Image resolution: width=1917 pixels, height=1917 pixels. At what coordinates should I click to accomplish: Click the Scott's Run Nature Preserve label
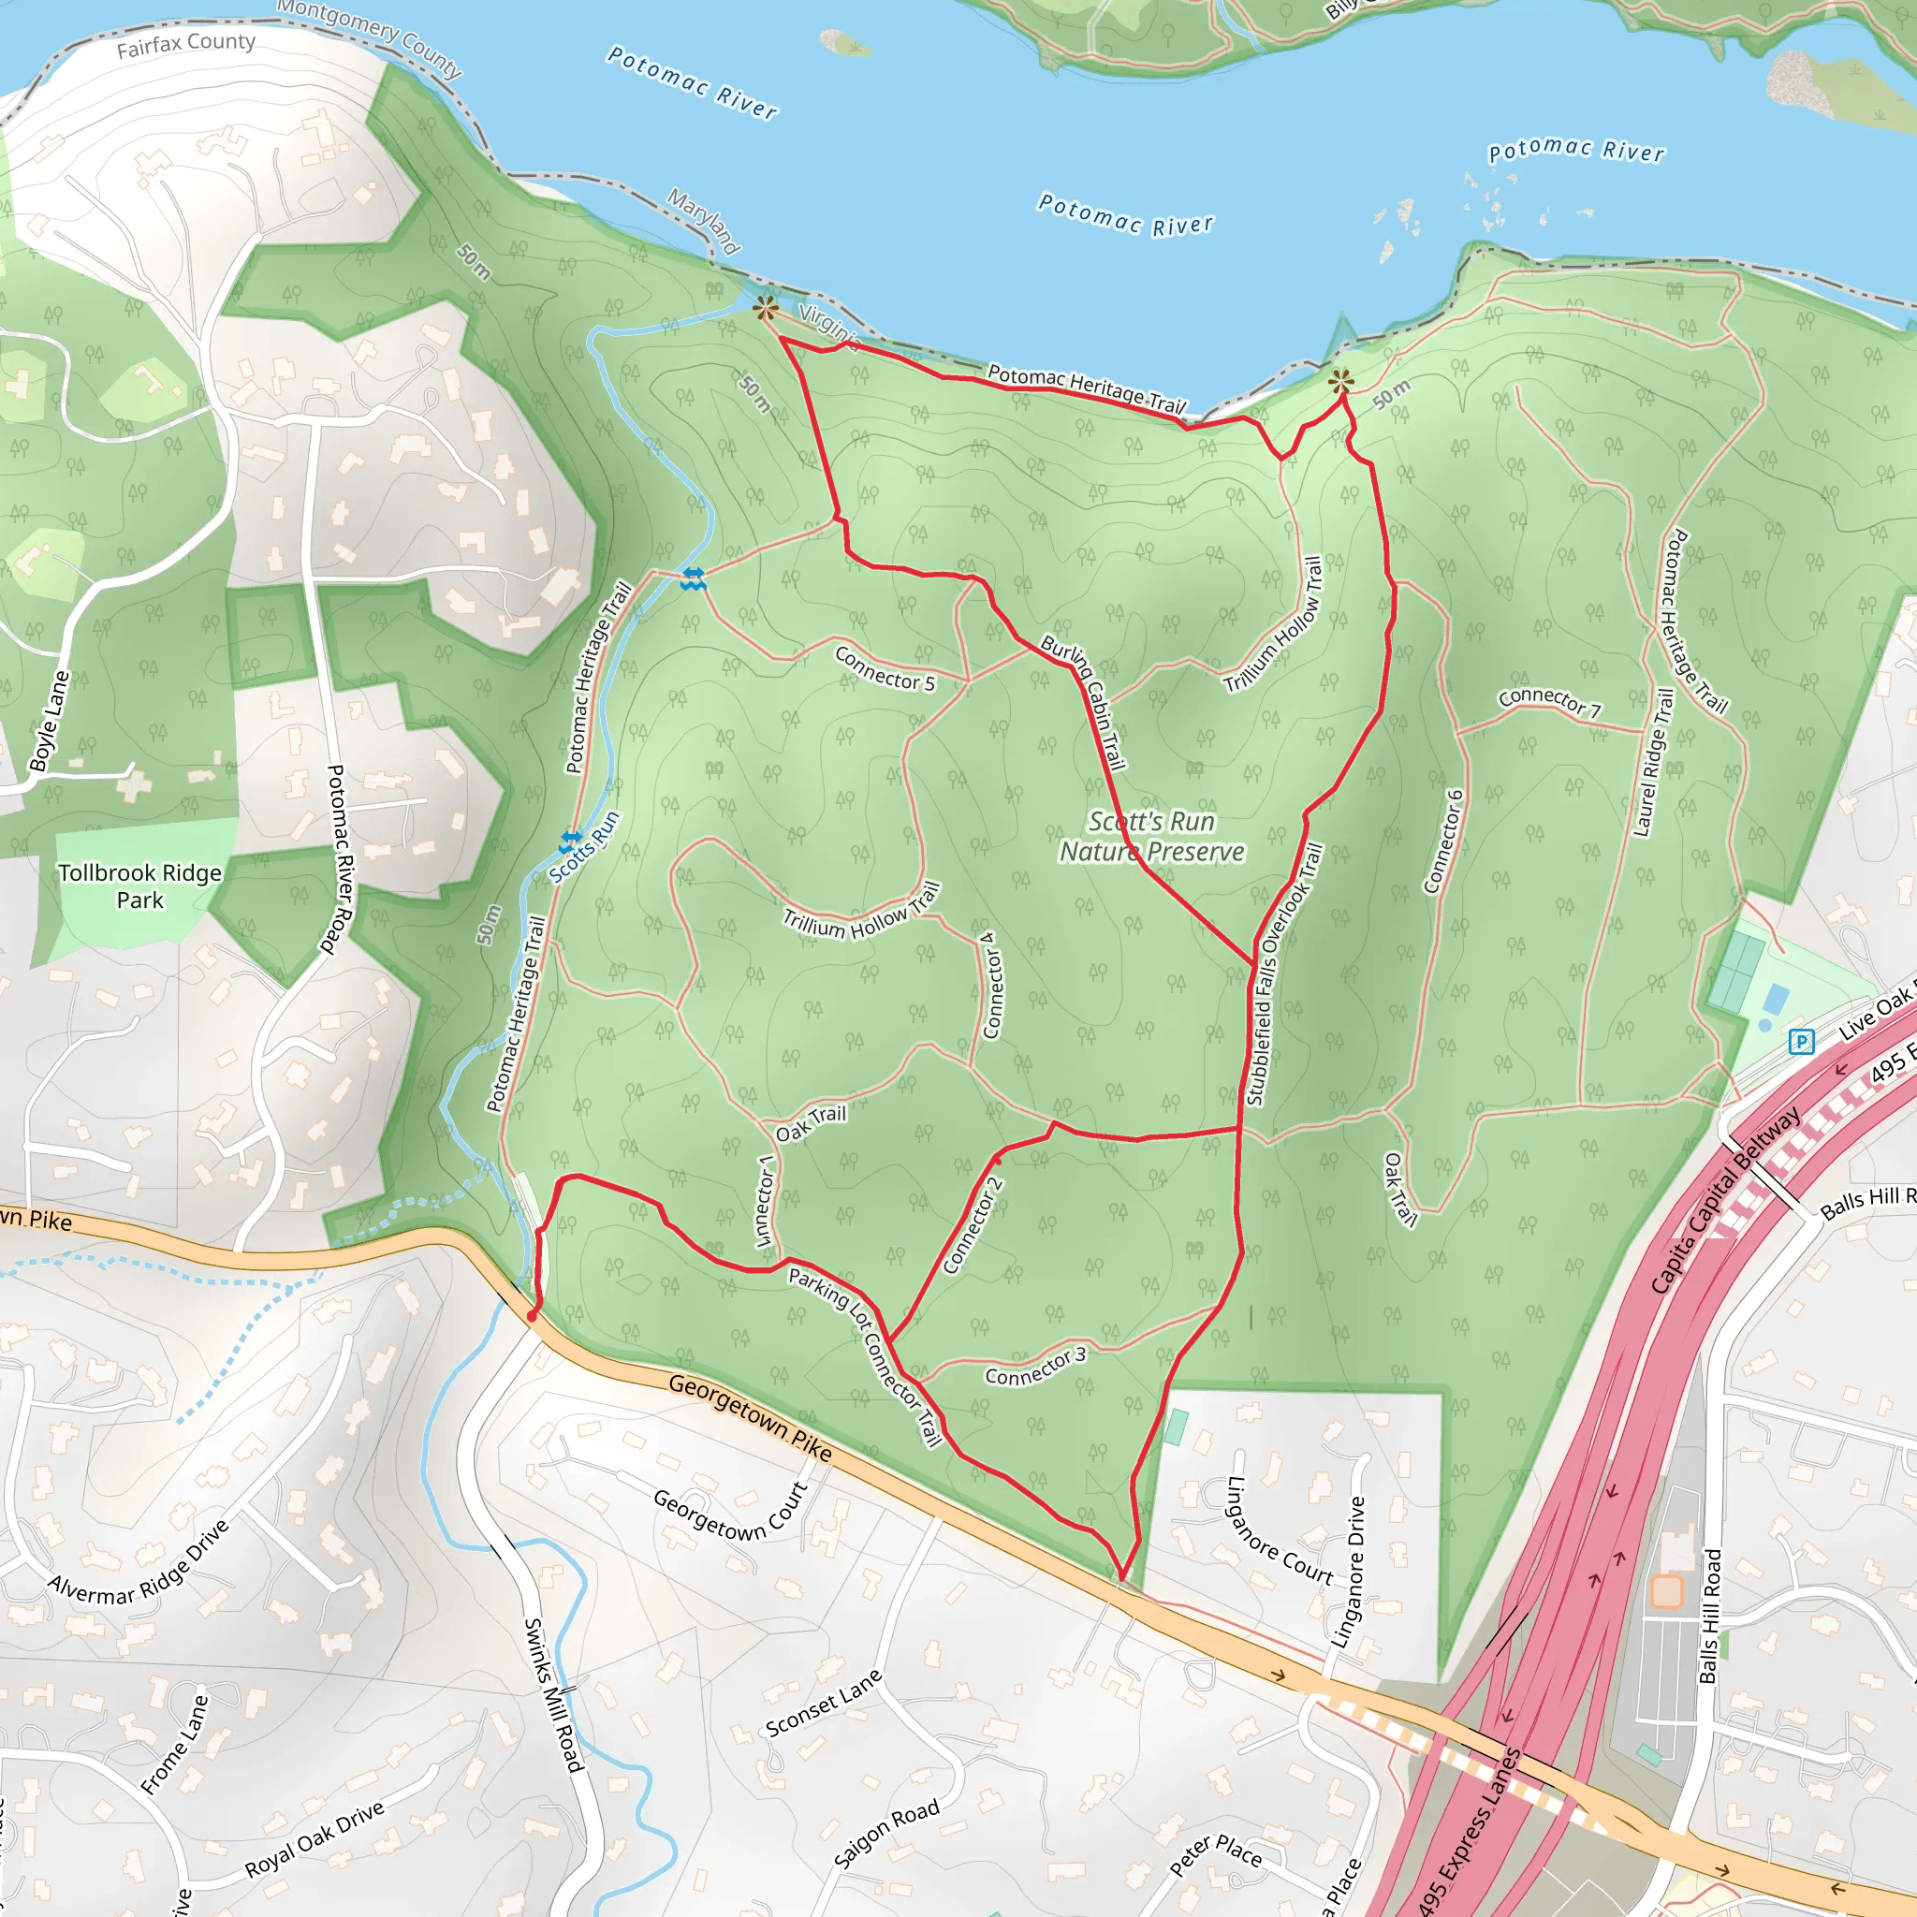(1151, 837)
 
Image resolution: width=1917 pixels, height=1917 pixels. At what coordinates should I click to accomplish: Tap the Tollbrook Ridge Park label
(139, 886)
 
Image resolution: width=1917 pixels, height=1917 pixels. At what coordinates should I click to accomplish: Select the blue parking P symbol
(1801, 1041)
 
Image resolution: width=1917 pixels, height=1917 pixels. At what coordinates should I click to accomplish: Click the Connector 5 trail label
(884, 667)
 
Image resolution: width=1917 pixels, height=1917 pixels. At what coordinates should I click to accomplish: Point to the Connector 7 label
(1549, 701)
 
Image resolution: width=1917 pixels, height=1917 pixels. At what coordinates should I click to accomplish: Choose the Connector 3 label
(1035, 1367)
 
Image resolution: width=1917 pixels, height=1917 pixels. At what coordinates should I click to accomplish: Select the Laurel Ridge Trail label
(1654, 763)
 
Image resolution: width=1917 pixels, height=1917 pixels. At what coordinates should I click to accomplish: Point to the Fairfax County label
(185, 45)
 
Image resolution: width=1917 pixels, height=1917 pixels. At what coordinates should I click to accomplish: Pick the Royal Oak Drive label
(315, 1838)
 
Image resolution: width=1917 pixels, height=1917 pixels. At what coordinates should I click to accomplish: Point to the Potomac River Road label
(338, 859)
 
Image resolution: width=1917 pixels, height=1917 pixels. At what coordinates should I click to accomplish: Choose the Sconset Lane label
(823, 1703)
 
